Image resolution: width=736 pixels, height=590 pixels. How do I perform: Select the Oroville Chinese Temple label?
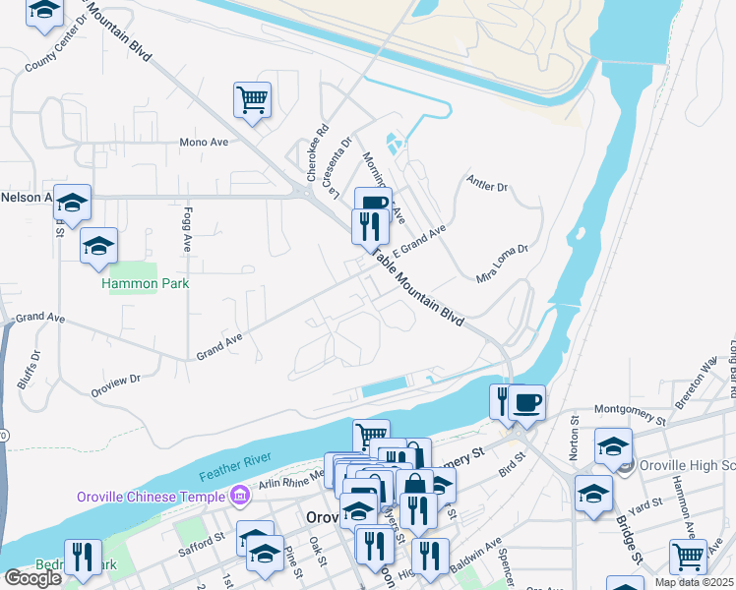tap(153, 496)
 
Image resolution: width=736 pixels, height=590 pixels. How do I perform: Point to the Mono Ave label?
tap(204, 143)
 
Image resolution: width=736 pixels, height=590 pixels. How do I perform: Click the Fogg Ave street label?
tap(187, 229)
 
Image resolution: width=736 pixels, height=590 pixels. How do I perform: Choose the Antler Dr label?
tap(488, 185)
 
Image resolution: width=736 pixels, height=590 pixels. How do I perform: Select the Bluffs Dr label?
tap(27, 371)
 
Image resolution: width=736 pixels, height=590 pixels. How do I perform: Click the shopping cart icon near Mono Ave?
tap(253, 98)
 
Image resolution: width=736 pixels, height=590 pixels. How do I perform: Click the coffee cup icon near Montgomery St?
tap(527, 400)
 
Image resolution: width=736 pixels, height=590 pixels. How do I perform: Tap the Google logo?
tap(32, 578)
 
